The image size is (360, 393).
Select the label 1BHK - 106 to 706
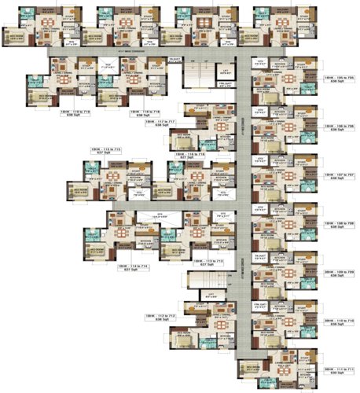point(340,127)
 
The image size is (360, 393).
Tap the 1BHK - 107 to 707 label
point(340,176)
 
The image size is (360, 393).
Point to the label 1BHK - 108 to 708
point(340,223)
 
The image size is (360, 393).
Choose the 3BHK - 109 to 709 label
point(340,272)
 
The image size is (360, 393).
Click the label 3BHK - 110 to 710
point(340,321)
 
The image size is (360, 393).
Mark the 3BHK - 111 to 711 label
point(340,369)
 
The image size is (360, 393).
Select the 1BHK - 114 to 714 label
point(131,266)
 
